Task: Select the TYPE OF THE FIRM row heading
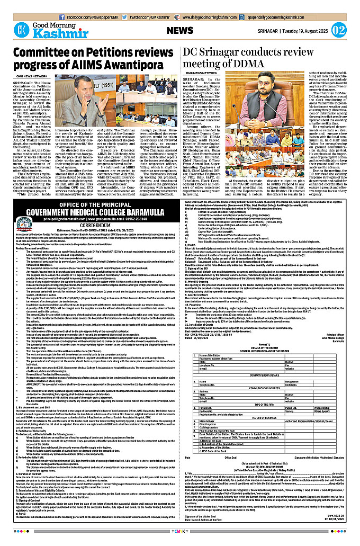point(270,418)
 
